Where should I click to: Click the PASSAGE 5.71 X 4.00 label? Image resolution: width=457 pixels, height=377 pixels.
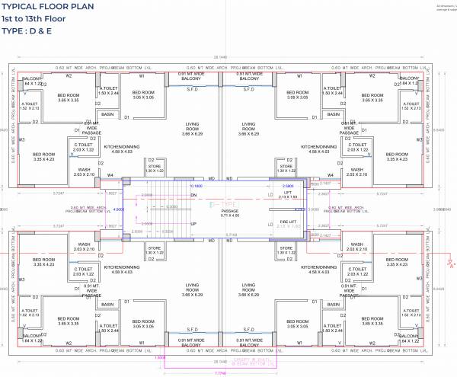230,211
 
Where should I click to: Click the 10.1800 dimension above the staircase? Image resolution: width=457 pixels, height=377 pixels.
195,185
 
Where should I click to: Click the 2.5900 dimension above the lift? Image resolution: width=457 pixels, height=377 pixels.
287,185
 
